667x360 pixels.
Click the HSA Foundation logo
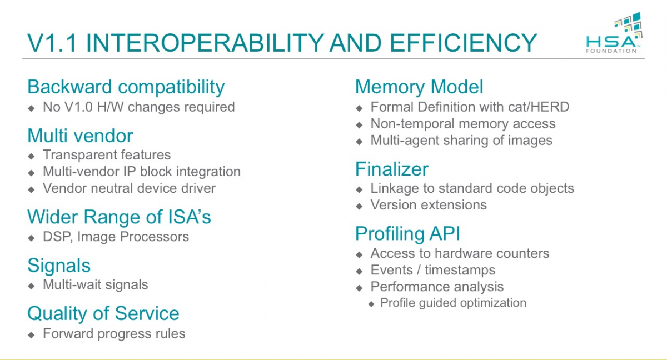614,32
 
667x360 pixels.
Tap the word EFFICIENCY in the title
463,43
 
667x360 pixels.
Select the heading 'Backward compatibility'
126,87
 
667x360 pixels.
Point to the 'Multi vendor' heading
80,136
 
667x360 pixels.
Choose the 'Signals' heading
59,266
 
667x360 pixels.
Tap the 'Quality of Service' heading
103,313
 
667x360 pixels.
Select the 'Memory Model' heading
419,87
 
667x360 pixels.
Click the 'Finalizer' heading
392,169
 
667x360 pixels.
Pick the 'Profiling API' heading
408,233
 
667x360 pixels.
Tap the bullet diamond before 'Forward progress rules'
31,335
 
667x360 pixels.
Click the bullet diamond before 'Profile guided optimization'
371,304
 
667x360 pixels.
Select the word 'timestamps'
460,270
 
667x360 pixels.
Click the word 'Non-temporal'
412,124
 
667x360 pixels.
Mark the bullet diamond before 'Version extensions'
359,206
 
